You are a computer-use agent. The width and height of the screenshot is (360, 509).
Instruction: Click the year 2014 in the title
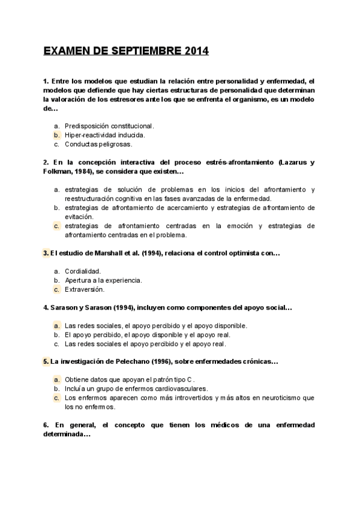pyautogui.click(x=193, y=52)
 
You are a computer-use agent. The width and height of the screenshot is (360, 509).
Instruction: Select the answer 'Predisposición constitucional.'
pyautogui.click(x=109, y=126)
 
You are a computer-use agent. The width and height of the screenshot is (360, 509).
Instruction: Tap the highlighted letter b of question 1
pyautogui.click(x=56, y=135)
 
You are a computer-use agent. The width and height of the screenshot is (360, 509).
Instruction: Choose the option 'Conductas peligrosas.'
pyautogui.click(x=98, y=144)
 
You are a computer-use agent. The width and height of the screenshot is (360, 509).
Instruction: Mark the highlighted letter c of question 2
pyautogui.click(x=56, y=226)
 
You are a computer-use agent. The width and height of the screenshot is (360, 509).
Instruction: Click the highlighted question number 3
pyautogui.click(x=46, y=253)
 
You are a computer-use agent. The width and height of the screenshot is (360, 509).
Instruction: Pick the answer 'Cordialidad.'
pyautogui.click(x=83, y=271)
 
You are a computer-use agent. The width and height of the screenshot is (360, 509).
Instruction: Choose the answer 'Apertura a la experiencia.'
pyautogui.click(x=103, y=280)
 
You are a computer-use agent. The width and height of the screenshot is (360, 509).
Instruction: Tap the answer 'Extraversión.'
pyautogui.click(x=84, y=289)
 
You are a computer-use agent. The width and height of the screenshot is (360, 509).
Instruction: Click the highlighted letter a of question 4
pyautogui.click(x=56, y=325)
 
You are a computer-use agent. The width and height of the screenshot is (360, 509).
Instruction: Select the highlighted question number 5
pyautogui.click(x=46, y=362)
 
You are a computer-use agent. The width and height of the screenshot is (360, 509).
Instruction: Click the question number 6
pyautogui.click(x=46, y=425)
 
